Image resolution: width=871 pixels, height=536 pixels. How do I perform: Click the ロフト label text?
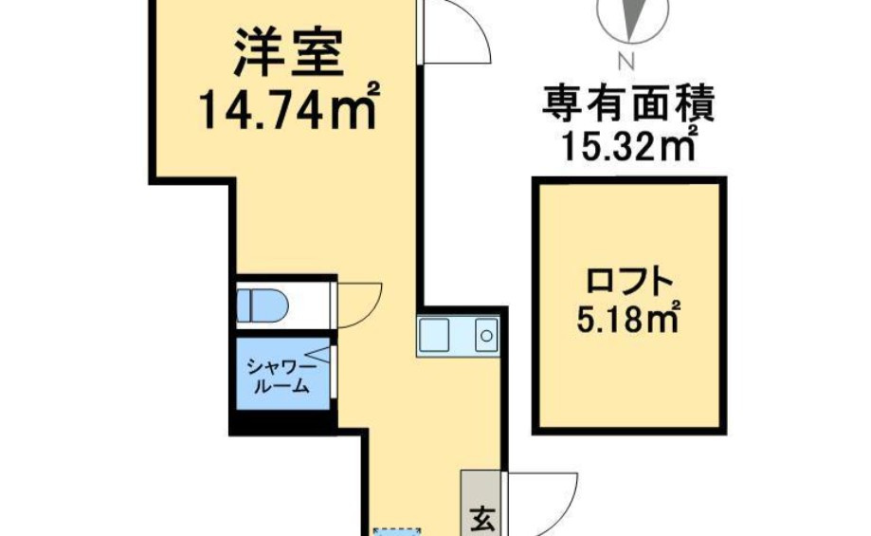629,282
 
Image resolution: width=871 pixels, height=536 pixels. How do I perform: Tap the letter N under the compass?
624,64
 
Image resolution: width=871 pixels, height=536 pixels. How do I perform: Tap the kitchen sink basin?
437,335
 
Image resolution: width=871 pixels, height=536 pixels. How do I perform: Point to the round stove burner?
486,335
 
